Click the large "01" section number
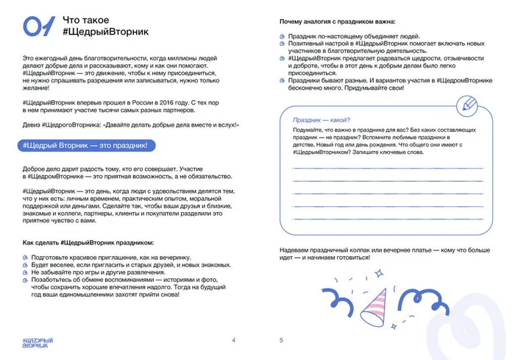click(x=39, y=27)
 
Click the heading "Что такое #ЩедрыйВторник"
click(x=95, y=27)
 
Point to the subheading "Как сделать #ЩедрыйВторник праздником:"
click(x=88, y=242)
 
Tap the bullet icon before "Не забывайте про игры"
click(x=26, y=272)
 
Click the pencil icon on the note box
click(x=466, y=107)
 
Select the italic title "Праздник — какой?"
click(x=322, y=119)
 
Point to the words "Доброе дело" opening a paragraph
click(x=39, y=170)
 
